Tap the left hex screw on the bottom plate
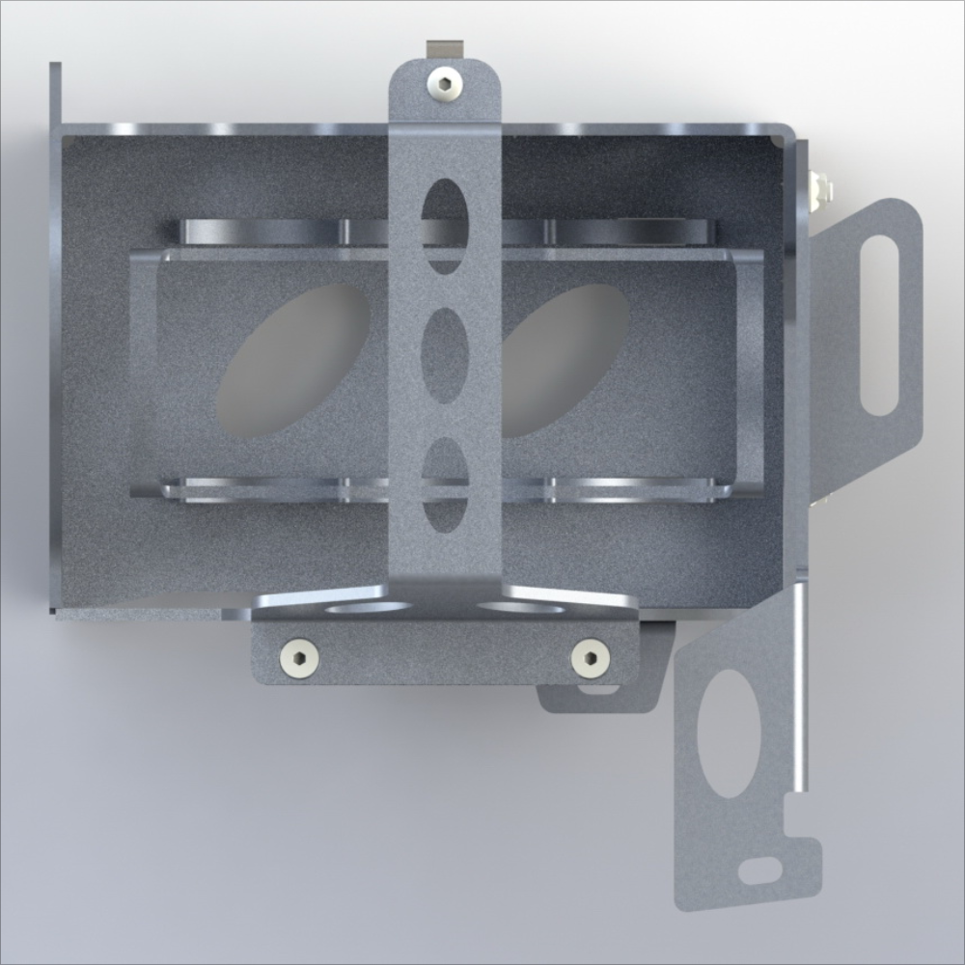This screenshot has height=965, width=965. [x=300, y=659]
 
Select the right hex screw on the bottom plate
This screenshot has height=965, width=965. [x=590, y=659]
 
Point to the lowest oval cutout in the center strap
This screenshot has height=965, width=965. [x=445, y=484]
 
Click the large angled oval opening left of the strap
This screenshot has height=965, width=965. [x=293, y=362]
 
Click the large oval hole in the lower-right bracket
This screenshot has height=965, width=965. [x=729, y=733]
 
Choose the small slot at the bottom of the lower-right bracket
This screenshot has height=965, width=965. [x=761, y=871]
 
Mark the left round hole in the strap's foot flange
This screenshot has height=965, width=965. [x=368, y=608]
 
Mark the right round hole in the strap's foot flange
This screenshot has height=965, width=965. [x=521, y=608]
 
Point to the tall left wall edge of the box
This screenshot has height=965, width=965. [x=55, y=338]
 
